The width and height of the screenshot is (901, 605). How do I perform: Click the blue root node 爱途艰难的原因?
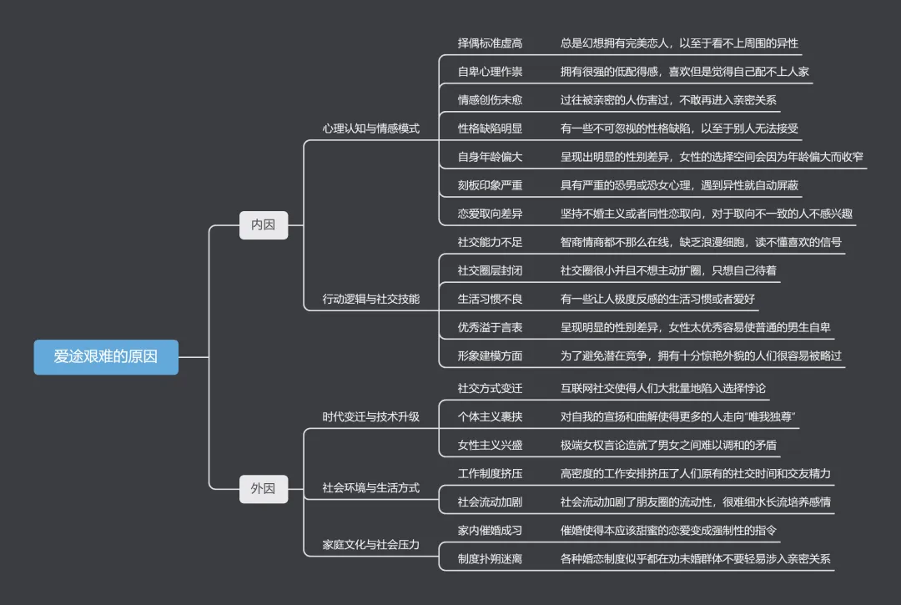pyautogui.click(x=105, y=356)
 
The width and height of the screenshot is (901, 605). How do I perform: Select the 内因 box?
pyautogui.click(x=263, y=224)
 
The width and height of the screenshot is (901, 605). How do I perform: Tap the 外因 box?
pyautogui.click(x=263, y=488)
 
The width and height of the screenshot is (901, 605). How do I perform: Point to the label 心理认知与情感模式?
pyautogui.click(x=370, y=129)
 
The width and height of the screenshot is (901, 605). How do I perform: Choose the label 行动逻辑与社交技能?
pyautogui.click(x=370, y=299)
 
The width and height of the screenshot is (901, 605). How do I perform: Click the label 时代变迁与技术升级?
pyautogui.click(x=370, y=416)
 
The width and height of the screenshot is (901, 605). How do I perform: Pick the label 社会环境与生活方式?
pyautogui.click(x=370, y=487)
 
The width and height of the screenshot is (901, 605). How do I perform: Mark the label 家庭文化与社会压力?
pyautogui.click(x=370, y=544)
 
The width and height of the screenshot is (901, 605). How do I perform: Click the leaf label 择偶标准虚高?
pyautogui.click(x=490, y=43)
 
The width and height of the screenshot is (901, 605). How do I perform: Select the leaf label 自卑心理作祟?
pyautogui.click(x=490, y=72)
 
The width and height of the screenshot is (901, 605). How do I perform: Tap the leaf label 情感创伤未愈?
pyautogui.click(x=490, y=100)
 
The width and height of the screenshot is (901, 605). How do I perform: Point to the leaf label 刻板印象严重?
pyautogui.click(x=490, y=185)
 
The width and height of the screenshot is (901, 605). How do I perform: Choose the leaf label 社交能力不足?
pyautogui.click(x=490, y=242)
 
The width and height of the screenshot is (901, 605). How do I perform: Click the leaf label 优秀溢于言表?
pyautogui.click(x=490, y=327)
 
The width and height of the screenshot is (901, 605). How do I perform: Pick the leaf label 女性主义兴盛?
pyautogui.click(x=490, y=445)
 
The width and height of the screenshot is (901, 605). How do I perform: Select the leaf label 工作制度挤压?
pyautogui.click(x=490, y=473)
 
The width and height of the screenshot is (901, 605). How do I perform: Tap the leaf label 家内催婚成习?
pyautogui.click(x=490, y=530)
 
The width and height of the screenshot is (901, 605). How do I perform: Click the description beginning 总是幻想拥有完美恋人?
pyautogui.click(x=679, y=43)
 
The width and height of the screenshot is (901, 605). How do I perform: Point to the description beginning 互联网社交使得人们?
pyautogui.click(x=662, y=388)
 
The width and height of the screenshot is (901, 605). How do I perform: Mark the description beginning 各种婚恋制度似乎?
pyautogui.click(x=696, y=558)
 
